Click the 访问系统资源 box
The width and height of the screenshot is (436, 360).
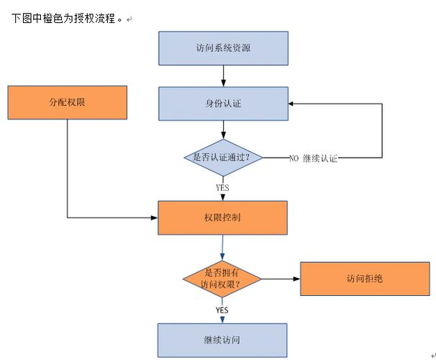[223, 48]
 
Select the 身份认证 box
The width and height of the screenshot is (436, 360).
[223, 103]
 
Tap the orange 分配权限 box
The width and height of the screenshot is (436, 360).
[67, 102]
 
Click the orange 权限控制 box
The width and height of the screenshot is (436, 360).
[223, 217]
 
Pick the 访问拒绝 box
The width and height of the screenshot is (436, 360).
[360, 278]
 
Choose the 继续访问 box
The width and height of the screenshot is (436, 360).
[223, 339]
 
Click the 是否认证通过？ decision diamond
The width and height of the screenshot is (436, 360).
[223, 158]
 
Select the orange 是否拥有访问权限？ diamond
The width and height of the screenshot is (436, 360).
[222, 278]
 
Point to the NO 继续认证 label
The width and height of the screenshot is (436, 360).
[313, 158]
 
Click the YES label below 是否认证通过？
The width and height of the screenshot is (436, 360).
[222, 187]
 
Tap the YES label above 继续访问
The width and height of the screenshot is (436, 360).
[222, 310]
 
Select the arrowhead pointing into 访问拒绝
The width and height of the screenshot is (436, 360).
[296, 278]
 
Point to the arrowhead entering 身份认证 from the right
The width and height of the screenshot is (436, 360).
[293, 103]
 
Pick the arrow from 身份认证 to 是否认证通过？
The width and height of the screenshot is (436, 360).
[223, 130]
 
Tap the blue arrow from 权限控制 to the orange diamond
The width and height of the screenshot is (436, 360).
[222, 248]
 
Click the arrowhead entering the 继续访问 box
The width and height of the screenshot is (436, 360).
[222, 319]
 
